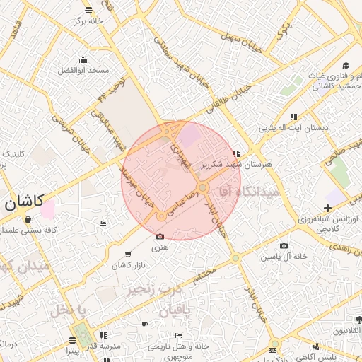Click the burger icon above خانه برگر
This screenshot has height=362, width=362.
tap(88, 11)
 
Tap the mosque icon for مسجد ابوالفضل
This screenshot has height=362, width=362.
tap(83, 59)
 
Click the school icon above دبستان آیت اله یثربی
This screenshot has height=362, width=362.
tap(293, 117)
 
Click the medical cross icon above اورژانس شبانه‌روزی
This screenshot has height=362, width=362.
tap(327, 208)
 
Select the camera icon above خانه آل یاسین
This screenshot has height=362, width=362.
tap(284, 245)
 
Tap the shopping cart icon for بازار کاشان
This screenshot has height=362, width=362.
tap(127, 255)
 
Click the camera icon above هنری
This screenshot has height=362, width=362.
tap(160, 236)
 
